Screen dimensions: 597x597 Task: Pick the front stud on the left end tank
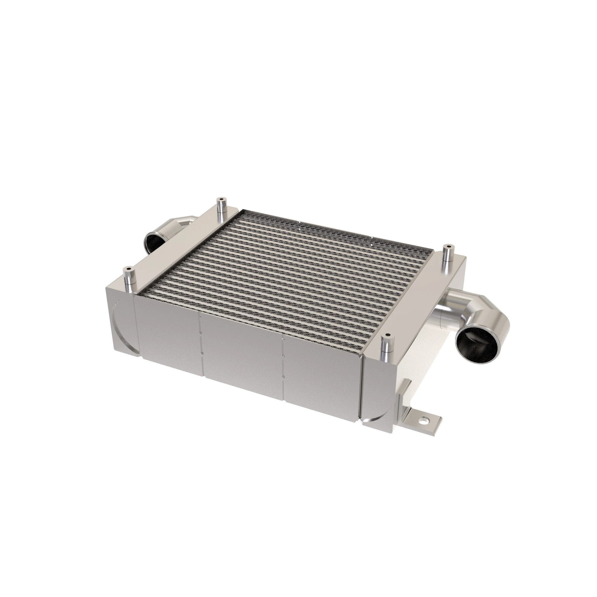pyautogui.click(x=128, y=278)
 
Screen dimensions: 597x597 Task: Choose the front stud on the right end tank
pyautogui.click(x=387, y=344)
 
